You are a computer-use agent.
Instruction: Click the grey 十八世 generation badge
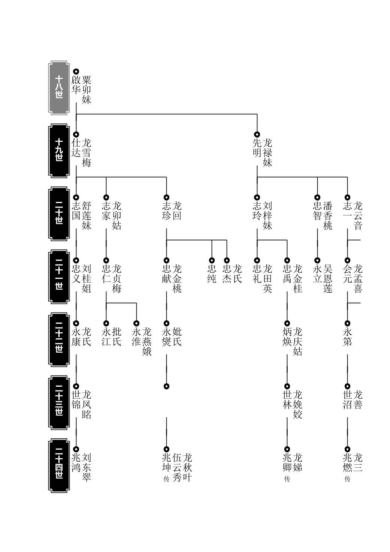tap(59, 88)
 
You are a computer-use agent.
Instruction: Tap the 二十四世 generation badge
tap(59, 465)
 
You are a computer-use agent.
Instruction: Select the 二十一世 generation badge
tap(59, 277)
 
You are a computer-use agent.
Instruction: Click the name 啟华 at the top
tap(76, 85)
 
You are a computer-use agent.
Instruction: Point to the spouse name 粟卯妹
tap(87, 90)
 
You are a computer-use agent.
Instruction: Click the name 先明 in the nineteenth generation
tap(257, 148)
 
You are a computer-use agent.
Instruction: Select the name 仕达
tap(76, 148)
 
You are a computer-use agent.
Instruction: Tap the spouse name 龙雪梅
tap(87, 153)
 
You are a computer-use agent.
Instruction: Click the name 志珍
tap(167, 211)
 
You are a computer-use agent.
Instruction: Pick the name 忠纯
tap(212, 274)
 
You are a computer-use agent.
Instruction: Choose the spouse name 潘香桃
tap(328, 215)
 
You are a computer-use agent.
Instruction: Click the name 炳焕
tap(287, 337)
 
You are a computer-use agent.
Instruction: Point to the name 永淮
tap(136, 337)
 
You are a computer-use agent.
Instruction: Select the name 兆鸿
tap(76, 462)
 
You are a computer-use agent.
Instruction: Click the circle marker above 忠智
tap(317, 197)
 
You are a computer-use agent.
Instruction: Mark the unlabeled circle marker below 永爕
tap(167, 386)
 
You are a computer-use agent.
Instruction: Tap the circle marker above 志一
tap(347, 197)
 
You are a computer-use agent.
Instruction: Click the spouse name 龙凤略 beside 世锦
tap(87, 405)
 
